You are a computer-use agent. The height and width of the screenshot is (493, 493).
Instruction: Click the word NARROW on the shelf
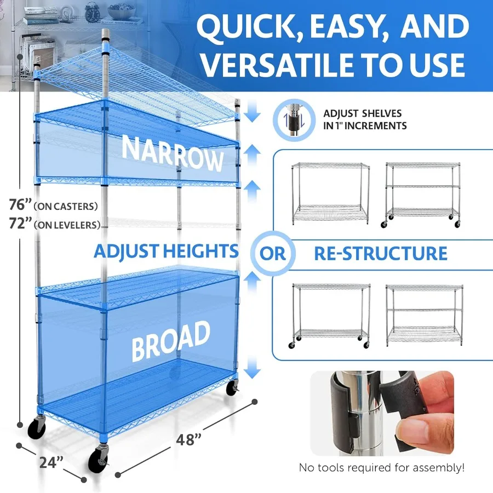(x=173, y=153)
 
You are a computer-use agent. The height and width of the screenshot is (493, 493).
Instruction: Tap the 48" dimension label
(x=189, y=439)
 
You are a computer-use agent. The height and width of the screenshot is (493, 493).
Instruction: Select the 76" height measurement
(x=20, y=205)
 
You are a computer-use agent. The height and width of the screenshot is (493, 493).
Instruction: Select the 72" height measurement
(x=20, y=223)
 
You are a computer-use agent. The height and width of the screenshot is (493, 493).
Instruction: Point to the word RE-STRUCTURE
(x=380, y=254)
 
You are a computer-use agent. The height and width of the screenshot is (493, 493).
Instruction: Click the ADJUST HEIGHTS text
(x=166, y=251)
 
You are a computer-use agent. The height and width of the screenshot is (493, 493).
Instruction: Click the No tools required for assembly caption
(x=382, y=468)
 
